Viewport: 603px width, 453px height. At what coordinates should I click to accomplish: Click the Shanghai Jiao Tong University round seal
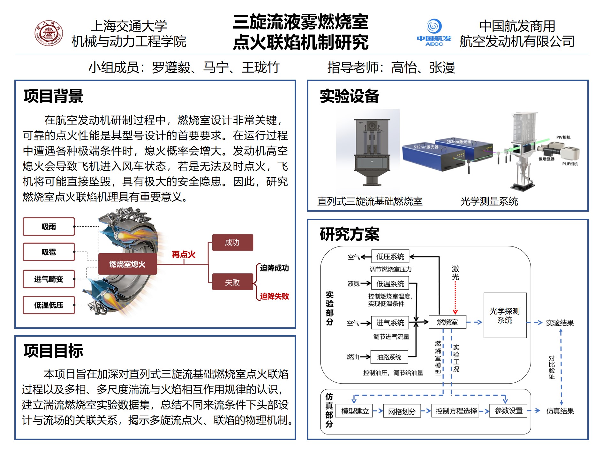tap(49, 33)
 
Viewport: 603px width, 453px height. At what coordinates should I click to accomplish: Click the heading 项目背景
tap(53, 96)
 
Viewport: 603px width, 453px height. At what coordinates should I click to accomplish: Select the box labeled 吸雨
tap(49, 227)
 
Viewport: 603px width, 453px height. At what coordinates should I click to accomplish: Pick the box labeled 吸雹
tap(49, 252)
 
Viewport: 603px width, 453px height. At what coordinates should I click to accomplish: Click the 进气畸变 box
tap(49, 279)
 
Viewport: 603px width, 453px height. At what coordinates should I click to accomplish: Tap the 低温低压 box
tap(49, 305)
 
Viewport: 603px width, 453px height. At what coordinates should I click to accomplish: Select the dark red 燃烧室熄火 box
tap(127, 264)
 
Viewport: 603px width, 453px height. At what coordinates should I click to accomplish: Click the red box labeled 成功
tap(232, 242)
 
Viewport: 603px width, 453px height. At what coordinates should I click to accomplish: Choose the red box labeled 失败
tap(232, 282)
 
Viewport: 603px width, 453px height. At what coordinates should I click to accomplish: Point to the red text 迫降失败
tap(274, 296)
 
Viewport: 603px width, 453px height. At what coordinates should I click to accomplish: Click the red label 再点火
tap(184, 254)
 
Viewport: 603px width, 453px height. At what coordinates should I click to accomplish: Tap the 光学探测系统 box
tap(505, 315)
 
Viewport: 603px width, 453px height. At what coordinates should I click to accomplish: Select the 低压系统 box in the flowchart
tap(390, 257)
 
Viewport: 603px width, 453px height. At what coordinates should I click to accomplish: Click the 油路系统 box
tap(389, 357)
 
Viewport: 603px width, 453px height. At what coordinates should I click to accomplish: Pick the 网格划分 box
tap(402, 411)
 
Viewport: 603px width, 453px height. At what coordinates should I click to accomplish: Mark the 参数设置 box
tap(509, 411)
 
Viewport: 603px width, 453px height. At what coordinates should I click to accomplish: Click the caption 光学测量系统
tap(489, 201)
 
